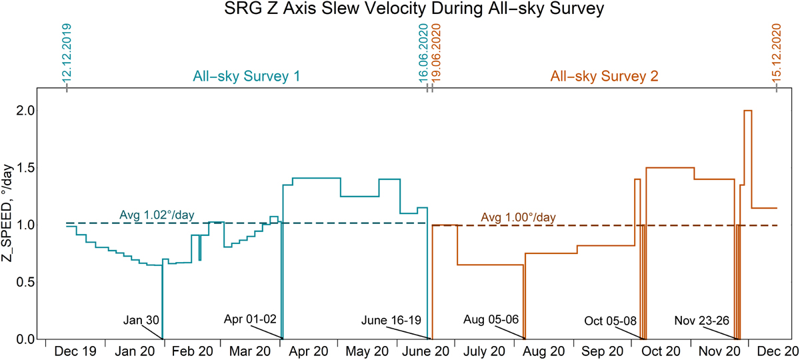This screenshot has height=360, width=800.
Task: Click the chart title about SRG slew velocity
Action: pos(414,8)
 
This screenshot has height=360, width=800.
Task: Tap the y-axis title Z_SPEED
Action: pos(7,213)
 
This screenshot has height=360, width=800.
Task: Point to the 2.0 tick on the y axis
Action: pos(25,111)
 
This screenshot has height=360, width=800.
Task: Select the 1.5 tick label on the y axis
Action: pos(25,168)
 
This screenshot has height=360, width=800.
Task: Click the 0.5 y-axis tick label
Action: pos(25,282)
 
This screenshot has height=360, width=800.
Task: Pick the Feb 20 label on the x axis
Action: pos(192,351)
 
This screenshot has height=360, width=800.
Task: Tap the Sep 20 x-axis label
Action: pos(603,351)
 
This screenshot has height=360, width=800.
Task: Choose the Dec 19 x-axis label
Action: pos(75,351)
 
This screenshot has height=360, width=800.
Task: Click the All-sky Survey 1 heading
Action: pos(247,77)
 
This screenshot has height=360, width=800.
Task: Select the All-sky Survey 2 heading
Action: pos(604,77)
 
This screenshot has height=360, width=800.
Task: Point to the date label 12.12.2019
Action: pos(67,53)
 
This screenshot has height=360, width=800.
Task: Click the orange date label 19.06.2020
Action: pos(436,53)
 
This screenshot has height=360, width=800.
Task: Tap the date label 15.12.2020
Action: pos(777,53)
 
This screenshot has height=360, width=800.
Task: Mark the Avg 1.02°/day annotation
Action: pos(157,215)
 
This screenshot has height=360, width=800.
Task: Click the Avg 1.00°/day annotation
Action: pos(518,217)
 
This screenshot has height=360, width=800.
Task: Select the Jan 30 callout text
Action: pos(141,320)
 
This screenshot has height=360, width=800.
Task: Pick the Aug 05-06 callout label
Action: pos(491,319)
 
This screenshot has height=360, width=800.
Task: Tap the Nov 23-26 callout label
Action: pos(702,321)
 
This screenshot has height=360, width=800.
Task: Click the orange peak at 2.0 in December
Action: pos(748,111)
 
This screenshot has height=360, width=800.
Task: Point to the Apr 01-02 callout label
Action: pos(250,319)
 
